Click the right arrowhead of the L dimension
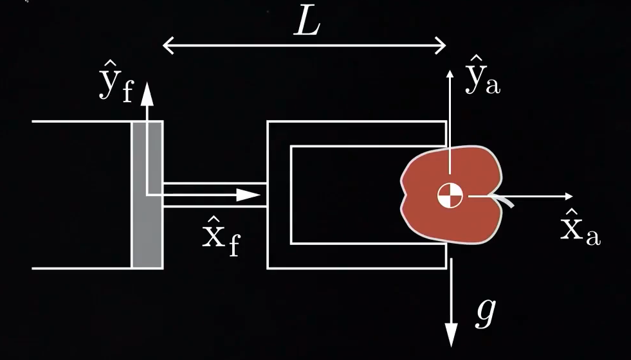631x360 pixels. coord(441,45)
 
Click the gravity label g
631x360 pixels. coord(486,313)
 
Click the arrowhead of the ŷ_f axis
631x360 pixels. coord(148,93)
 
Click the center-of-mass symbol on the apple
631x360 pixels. coord(450,195)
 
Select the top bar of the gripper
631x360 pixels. coord(357,133)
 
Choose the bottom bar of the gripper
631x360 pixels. coord(357,256)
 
